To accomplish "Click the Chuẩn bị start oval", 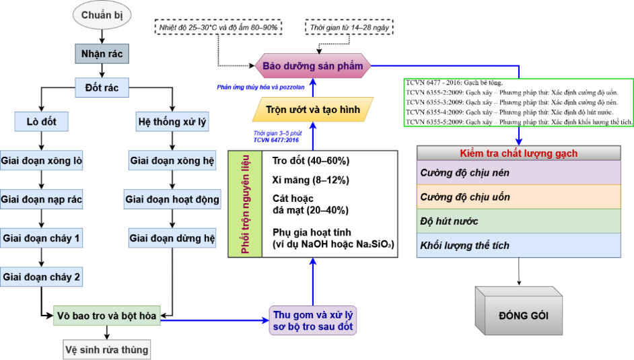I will point(102,15).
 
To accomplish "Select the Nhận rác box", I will point(102,53).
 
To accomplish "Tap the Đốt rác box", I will point(102,87).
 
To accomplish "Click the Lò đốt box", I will point(42,122).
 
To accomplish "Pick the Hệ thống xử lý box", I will point(173,122).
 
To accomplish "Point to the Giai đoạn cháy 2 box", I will point(42,277).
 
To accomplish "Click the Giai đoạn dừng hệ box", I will point(173,238).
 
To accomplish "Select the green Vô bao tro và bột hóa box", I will point(107,315).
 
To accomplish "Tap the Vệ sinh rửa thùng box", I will point(107,349).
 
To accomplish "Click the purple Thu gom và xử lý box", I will point(312,321).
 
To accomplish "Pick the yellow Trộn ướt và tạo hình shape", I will point(313,109).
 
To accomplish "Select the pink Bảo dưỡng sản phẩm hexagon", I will point(312,66).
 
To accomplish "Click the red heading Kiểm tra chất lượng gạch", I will point(518,153).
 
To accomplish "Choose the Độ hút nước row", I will point(518,221).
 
